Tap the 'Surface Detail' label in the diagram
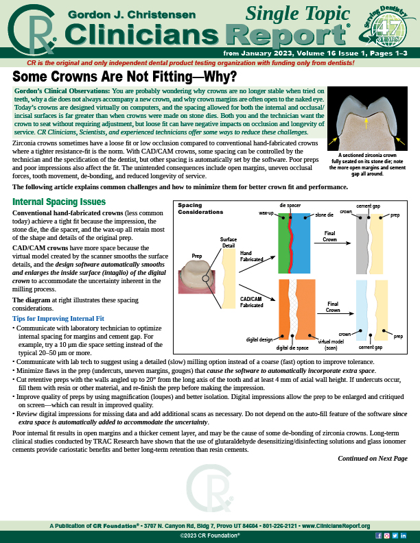229,242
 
